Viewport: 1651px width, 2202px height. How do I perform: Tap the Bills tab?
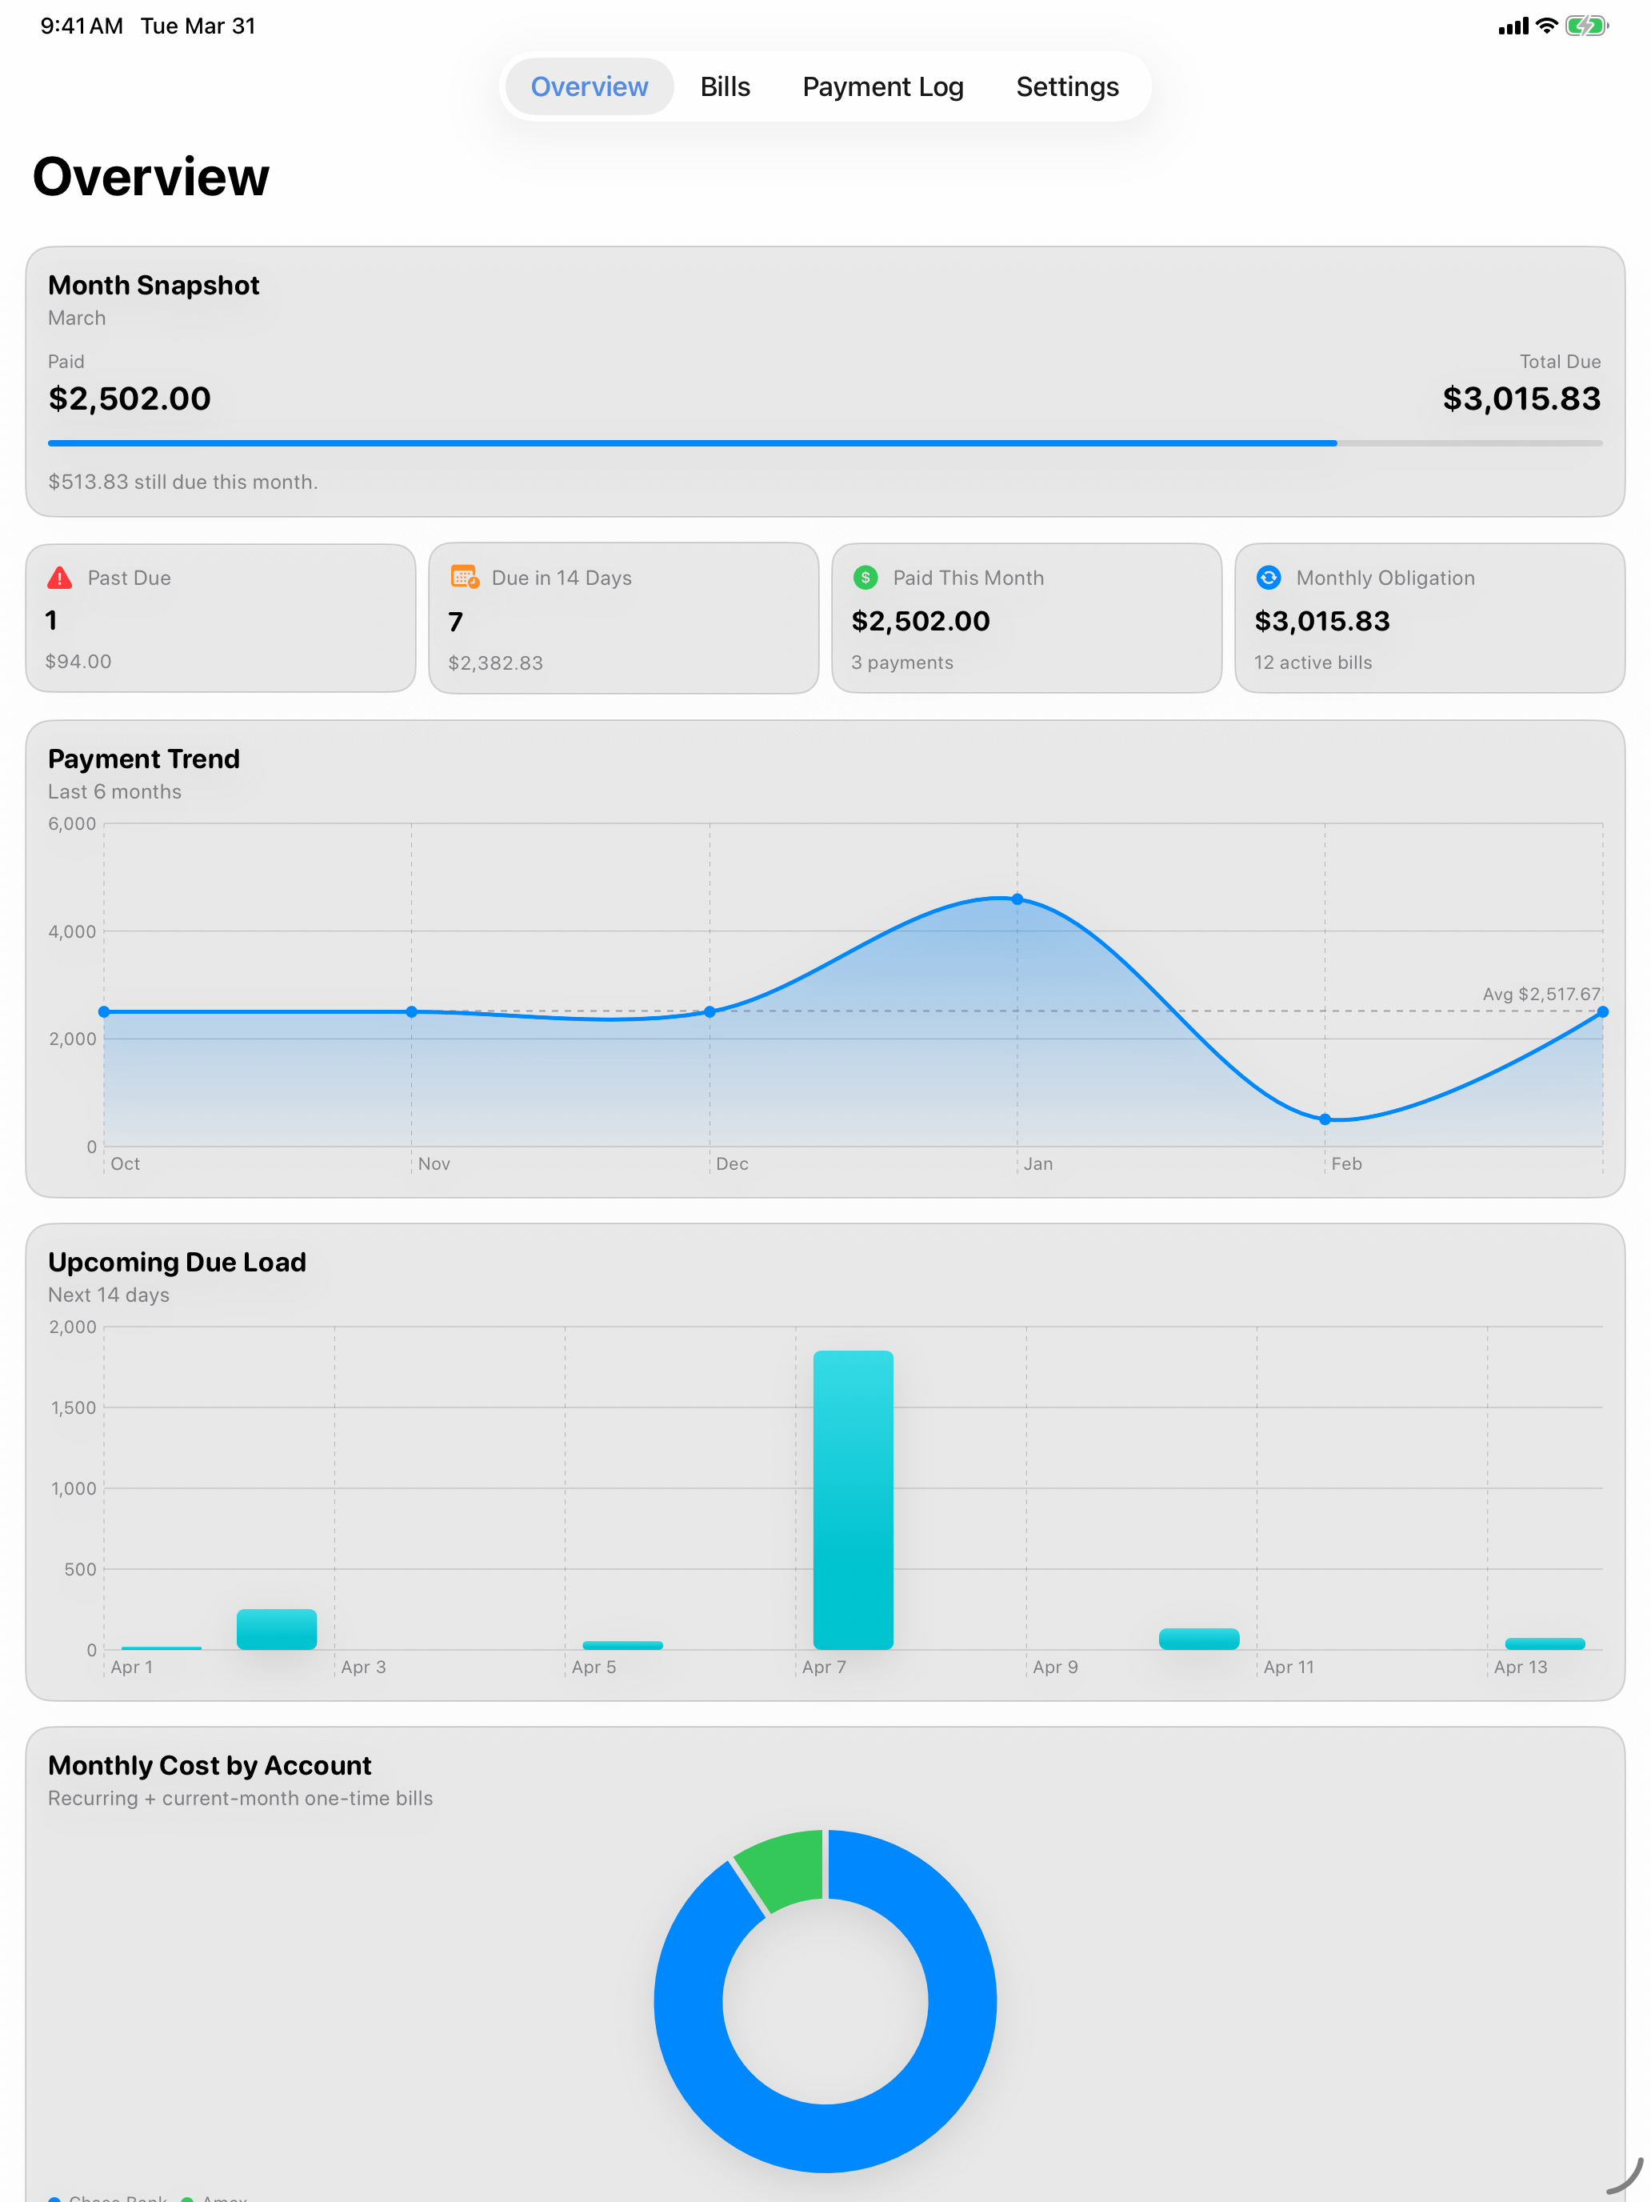click(x=725, y=86)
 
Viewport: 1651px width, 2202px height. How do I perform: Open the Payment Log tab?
click(x=883, y=86)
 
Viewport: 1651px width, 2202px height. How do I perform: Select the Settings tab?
click(x=1067, y=86)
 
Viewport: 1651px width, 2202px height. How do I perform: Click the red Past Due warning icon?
click(x=60, y=578)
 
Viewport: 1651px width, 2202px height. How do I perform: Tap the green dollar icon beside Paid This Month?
click(x=865, y=578)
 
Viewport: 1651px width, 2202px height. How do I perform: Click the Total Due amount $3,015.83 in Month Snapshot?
click(x=1521, y=398)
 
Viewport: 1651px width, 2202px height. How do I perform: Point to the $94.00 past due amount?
click(x=78, y=661)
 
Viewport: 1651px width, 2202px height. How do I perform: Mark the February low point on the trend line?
click(x=1325, y=1119)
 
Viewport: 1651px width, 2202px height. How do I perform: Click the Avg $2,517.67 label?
click(x=1541, y=994)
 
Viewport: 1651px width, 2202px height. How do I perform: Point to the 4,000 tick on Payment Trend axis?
click(x=72, y=931)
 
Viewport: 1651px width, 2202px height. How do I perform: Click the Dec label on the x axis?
click(x=731, y=1163)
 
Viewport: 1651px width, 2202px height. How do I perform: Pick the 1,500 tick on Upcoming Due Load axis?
click(x=74, y=1407)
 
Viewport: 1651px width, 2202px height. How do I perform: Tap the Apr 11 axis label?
click(x=1288, y=1667)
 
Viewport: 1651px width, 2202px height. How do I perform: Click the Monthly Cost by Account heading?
click(x=209, y=1765)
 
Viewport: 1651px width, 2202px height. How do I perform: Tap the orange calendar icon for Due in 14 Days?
click(x=464, y=578)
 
